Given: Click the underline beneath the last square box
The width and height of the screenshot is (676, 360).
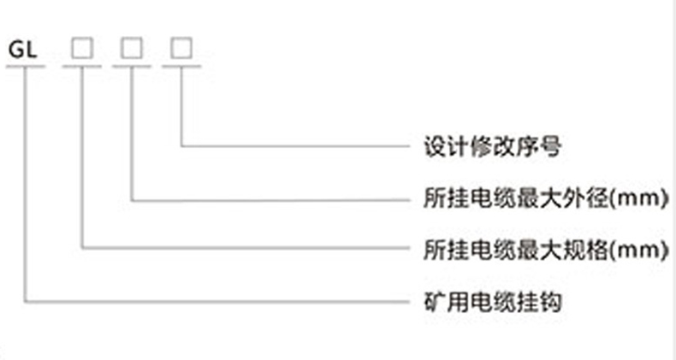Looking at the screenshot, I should [181, 65].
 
